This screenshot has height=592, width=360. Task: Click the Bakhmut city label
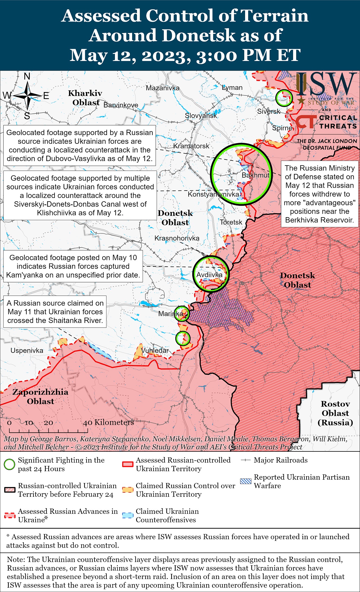(x=255, y=175)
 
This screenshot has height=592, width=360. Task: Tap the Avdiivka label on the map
(x=209, y=275)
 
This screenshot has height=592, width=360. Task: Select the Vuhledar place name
(x=155, y=350)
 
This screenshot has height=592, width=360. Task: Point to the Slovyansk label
(x=201, y=115)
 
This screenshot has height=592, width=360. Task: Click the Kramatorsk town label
(x=191, y=146)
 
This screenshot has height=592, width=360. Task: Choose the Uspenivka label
(x=27, y=351)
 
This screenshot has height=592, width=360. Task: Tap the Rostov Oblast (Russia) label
(x=335, y=413)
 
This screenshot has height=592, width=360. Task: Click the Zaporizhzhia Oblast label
(x=40, y=396)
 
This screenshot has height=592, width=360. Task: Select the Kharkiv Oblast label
(x=85, y=98)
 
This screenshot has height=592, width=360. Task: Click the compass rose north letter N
(x=27, y=76)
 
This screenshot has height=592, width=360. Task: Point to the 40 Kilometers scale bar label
(x=108, y=422)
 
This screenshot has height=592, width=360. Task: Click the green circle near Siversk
(x=284, y=98)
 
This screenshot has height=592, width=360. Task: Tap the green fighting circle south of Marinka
(x=183, y=338)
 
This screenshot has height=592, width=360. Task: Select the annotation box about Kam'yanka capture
(x=73, y=266)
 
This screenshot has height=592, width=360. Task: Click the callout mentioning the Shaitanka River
(x=55, y=312)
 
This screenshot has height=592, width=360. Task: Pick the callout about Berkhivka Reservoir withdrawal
(x=320, y=194)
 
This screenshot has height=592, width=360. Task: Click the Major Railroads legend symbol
(x=246, y=460)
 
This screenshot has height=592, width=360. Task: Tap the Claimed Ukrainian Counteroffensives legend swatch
(x=128, y=515)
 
